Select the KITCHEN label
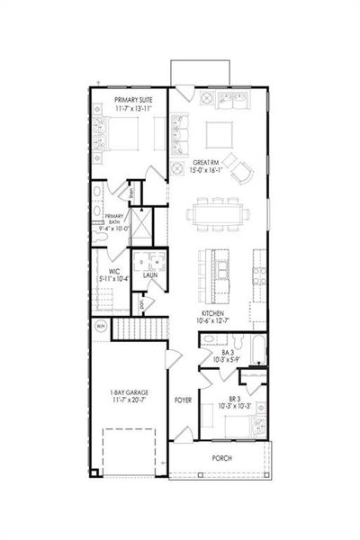[x=212, y=313]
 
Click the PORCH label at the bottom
[x=221, y=458]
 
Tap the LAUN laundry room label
[x=150, y=274]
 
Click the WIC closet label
[x=114, y=271]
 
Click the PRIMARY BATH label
[x=113, y=217]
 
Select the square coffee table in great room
[x=219, y=134]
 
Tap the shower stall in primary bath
[x=141, y=220]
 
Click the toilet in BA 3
[x=209, y=339]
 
